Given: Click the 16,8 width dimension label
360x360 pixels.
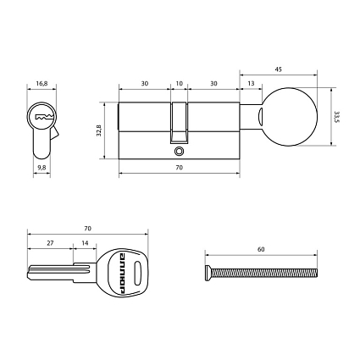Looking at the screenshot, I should pyautogui.click(x=42, y=84).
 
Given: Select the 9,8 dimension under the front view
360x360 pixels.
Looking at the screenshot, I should pyautogui.click(x=42, y=168).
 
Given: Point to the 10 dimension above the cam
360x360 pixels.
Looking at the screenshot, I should pyautogui.click(x=178, y=84).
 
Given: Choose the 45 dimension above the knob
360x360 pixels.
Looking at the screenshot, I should pyautogui.click(x=280, y=69).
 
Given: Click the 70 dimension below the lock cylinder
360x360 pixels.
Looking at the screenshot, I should pyautogui.click(x=180, y=169).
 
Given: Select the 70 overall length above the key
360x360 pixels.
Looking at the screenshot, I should pyautogui.click(x=88, y=229).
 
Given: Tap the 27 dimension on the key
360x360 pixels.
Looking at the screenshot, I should pyautogui.click(x=50, y=243).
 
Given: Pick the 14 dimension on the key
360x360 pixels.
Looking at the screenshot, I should pyautogui.click(x=84, y=243).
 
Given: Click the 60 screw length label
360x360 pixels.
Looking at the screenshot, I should pyautogui.click(x=261, y=250).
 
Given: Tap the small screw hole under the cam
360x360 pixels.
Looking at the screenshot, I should pyautogui.click(x=179, y=152).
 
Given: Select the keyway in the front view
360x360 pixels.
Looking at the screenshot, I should pyautogui.click(x=42, y=116).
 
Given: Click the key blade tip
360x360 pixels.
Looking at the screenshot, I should pyautogui.click(x=31, y=274).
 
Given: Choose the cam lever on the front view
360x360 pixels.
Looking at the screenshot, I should pyautogui.click(x=54, y=134).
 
